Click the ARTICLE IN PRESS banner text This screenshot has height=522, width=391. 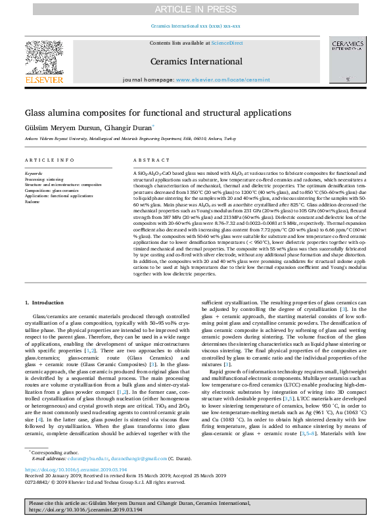pos(195,9)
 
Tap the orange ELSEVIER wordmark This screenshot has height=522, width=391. pos(43,80)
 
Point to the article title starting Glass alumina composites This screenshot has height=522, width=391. pos(149,113)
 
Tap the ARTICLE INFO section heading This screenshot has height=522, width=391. pos(49,160)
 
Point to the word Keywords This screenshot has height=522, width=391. pos(35,172)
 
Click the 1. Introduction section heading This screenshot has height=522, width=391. pos(45,302)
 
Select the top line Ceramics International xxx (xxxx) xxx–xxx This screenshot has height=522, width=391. pos(195,26)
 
